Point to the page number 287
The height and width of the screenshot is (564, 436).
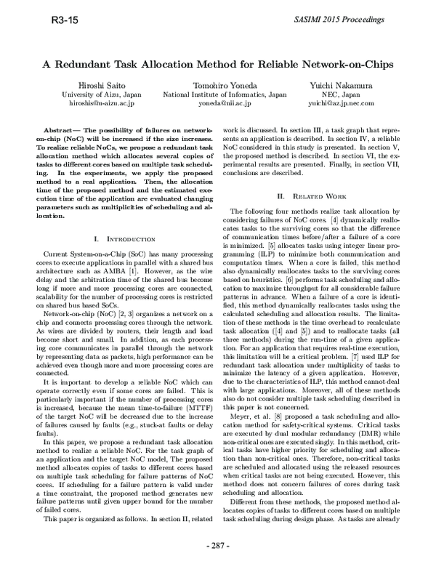point(218,545)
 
